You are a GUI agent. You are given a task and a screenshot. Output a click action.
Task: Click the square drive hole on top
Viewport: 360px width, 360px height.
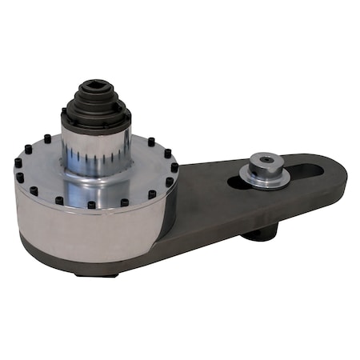(96, 86)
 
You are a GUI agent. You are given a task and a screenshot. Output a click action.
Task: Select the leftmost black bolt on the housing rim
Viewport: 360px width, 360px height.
(18, 162)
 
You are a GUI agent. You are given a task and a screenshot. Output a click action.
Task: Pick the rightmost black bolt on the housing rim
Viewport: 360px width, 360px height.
(175, 167)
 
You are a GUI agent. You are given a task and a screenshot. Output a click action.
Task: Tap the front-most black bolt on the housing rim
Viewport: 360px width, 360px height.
(91, 205)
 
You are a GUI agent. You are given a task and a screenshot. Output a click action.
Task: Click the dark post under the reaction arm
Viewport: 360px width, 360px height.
(260, 233)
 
